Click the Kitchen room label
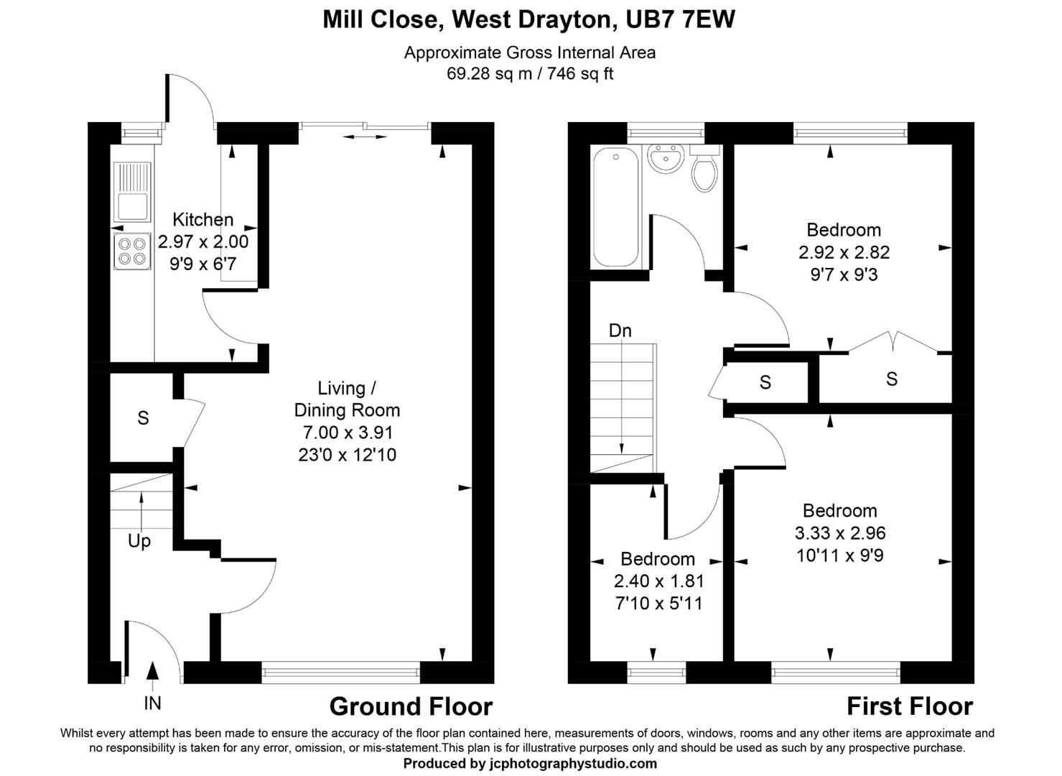[x=202, y=220]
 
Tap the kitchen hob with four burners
[x=132, y=251]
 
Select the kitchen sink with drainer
[x=132, y=192]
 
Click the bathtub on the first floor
[x=615, y=208]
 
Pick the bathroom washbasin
[x=666, y=158]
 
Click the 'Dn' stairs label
[x=620, y=331]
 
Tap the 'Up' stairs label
[x=139, y=540]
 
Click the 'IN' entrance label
[x=152, y=703]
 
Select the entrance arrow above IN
[x=152, y=671]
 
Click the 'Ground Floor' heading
[x=411, y=707]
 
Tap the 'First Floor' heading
[x=909, y=707]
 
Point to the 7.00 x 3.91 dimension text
[x=348, y=433]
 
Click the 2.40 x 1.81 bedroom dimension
[x=658, y=581]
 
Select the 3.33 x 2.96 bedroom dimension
[x=839, y=533]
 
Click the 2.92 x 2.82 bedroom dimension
[x=844, y=252]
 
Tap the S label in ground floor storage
[x=143, y=418]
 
